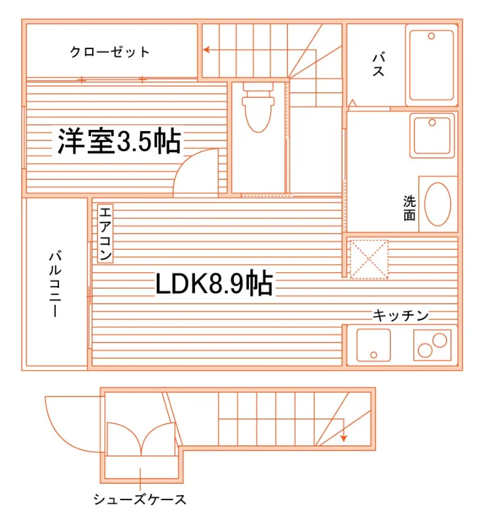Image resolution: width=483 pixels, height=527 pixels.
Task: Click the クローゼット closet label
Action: click(x=110, y=52)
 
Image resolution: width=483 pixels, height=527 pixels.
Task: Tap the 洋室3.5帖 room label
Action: click(x=119, y=141)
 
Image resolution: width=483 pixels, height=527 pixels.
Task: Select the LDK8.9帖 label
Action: click(x=214, y=284)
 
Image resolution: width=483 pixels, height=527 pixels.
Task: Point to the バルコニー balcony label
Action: click(x=55, y=283)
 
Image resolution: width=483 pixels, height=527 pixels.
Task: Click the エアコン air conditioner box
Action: click(x=105, y=233)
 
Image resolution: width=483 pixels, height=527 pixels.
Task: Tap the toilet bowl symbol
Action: click(x=258, y=107)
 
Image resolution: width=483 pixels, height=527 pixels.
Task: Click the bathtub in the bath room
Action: click(x=432, y=65)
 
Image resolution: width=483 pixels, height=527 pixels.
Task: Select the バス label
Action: click(x=379, y=64)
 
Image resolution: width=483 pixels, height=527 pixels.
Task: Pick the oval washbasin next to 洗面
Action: click(x=438, y=204)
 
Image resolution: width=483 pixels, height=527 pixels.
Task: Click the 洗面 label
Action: click(x=410, y=208)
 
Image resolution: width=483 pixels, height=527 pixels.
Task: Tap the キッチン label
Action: click(x=401, y=315)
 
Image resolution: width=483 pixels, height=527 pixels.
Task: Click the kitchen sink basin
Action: click(x=373, y=345)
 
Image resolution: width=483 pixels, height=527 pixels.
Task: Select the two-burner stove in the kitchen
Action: click(x=432, y=345)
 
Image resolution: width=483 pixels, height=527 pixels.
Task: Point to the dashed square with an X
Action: click(x=369, y=259)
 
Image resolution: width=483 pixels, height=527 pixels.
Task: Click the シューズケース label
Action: click(x=140, y=500)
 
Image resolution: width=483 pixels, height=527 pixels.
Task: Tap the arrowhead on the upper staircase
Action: click(x=206, y=50)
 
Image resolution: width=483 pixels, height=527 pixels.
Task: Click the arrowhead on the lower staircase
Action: click(x=343, y=439)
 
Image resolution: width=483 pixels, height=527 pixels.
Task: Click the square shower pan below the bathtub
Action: click(x=432, y=135)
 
